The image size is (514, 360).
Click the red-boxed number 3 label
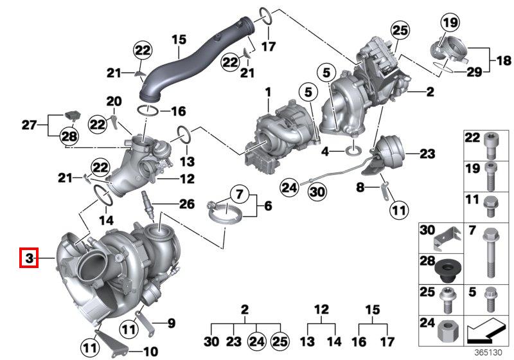click(x=29, y=258)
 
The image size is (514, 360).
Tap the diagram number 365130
click(x=488, y=352)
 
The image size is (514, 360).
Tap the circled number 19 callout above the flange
click(x=450, y=22)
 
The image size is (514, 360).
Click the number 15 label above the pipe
click(x=179, y=40)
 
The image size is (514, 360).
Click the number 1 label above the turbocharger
click(x=269, y=92)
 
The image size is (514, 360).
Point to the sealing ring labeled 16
click(x=148, y=111)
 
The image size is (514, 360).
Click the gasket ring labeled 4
click(x=354, y=151)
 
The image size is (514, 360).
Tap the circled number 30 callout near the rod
click(x=317, y=192)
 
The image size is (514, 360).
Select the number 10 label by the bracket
click(x=151, y=352)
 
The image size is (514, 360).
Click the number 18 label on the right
click(x=504, y=60)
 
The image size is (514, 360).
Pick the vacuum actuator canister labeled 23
click(x=389, y=152)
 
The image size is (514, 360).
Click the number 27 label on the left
click(x=29, y=125)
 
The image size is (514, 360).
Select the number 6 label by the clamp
click(x=268, y=206)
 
